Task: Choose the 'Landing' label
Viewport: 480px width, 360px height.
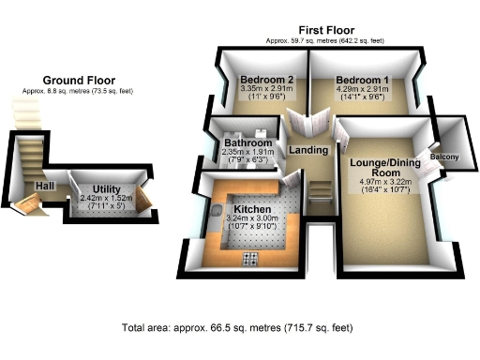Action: coord(308,150)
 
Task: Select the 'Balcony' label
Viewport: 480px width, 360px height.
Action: coord(445,157)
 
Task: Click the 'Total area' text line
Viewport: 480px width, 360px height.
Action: coord(238,328)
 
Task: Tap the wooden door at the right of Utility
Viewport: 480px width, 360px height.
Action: coord(142,199)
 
